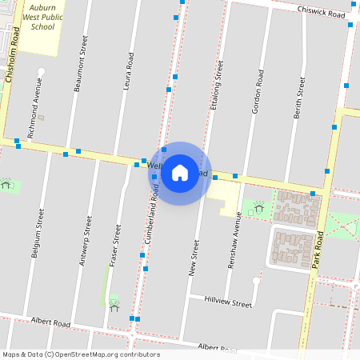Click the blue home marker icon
point(180,172)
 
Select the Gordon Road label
point(258,91)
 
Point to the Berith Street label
point(300,98)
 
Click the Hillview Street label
point(228,300)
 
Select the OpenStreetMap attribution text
point(81,354)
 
